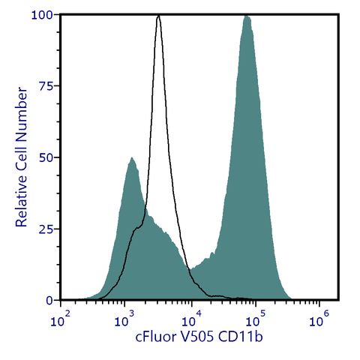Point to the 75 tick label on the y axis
point(46,86)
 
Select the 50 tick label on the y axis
point(46,157)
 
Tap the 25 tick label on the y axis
point(46,229)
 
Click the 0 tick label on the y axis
point(49,300)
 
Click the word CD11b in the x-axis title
point(243,338)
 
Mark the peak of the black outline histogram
point(159,16)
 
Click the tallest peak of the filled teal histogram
point(246,16)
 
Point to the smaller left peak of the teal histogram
point(132,158)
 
